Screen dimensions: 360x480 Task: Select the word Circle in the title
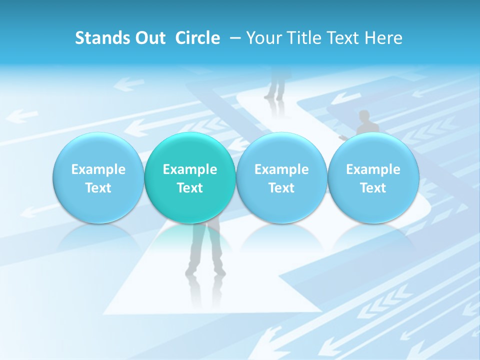click(x=197, y=38)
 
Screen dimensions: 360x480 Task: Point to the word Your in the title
click(x=262, y=38)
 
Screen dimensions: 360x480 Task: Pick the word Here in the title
click(x=383, y=38)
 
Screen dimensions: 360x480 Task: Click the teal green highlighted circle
click(x=190, y=178)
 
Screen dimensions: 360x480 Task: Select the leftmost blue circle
click(x=98, y=178)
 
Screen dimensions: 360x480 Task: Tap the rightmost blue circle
click(x=373, y=178)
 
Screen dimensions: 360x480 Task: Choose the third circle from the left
click(x=281, y=178)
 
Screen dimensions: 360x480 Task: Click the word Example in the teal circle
click(x=190, y=169)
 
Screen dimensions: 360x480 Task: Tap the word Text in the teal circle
click(x=190, y=188)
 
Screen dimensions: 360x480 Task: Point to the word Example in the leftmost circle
click(x=98, y=169)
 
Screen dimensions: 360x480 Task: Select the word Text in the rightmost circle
click(x=373, y=188)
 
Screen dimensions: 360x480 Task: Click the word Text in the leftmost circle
click(x=98, y=188)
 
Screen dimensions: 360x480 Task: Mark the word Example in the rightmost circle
click(x=373, y=169)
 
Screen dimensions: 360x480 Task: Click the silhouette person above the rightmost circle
click(x=363, y=123)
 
